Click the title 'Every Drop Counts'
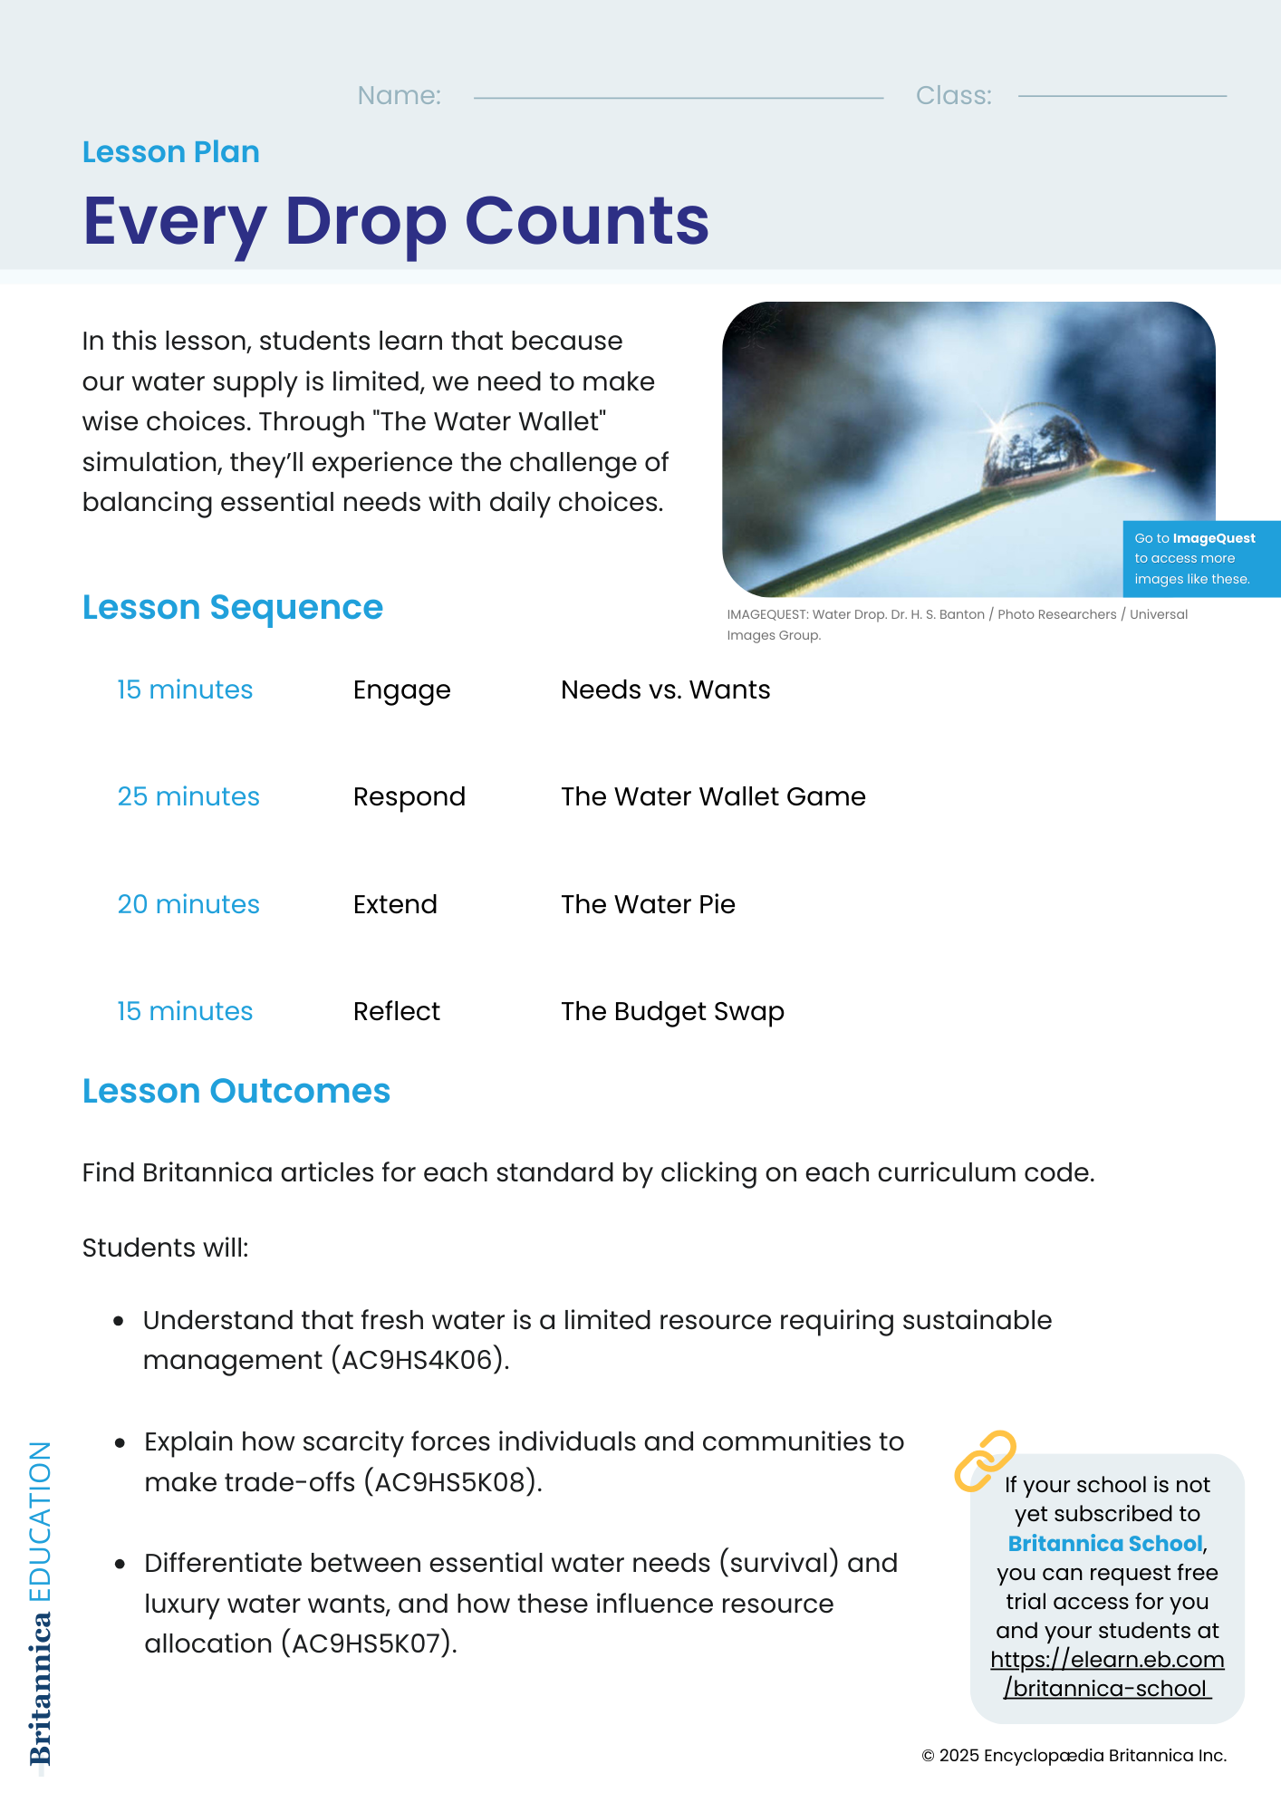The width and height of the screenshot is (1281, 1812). (396, 221)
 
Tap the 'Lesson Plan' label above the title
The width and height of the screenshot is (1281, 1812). (171, 152)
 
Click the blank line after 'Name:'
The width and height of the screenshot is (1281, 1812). (678, 96)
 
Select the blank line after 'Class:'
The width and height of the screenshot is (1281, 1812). (1122, 95)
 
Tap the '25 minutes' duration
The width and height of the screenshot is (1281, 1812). (188, 796)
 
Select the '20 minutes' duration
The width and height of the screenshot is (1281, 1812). (188, 904)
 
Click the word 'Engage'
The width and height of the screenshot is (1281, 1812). (401, 690)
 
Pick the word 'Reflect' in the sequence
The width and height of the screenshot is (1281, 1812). (396, 1011)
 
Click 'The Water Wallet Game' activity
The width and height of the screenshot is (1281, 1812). (713, 796)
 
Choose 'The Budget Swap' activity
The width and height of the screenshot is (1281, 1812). (672, 1011)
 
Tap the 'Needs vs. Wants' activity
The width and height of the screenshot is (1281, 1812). (665, 690)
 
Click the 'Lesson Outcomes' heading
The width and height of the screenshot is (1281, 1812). (236, 1092)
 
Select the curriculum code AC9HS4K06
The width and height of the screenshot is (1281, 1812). (417, 1361)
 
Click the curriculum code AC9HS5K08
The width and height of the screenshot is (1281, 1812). (449, 1482)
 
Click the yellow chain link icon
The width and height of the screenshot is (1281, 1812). (985, 1460)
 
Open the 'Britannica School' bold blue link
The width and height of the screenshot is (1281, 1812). (1105, 1544)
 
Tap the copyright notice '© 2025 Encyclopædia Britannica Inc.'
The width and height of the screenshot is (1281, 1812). (1074, 1756)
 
